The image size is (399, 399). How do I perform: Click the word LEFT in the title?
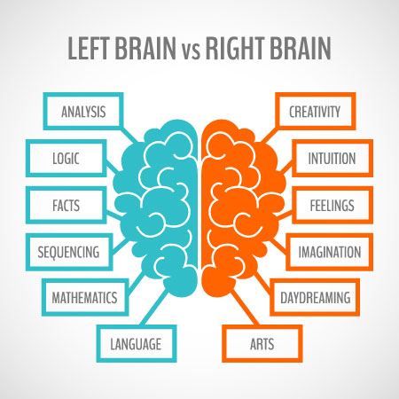tap(89, 48)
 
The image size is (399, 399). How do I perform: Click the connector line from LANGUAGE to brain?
tap(154, 308)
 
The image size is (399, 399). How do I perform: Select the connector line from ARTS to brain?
tap(245, 308)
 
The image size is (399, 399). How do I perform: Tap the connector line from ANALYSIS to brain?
tap(129, 136)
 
